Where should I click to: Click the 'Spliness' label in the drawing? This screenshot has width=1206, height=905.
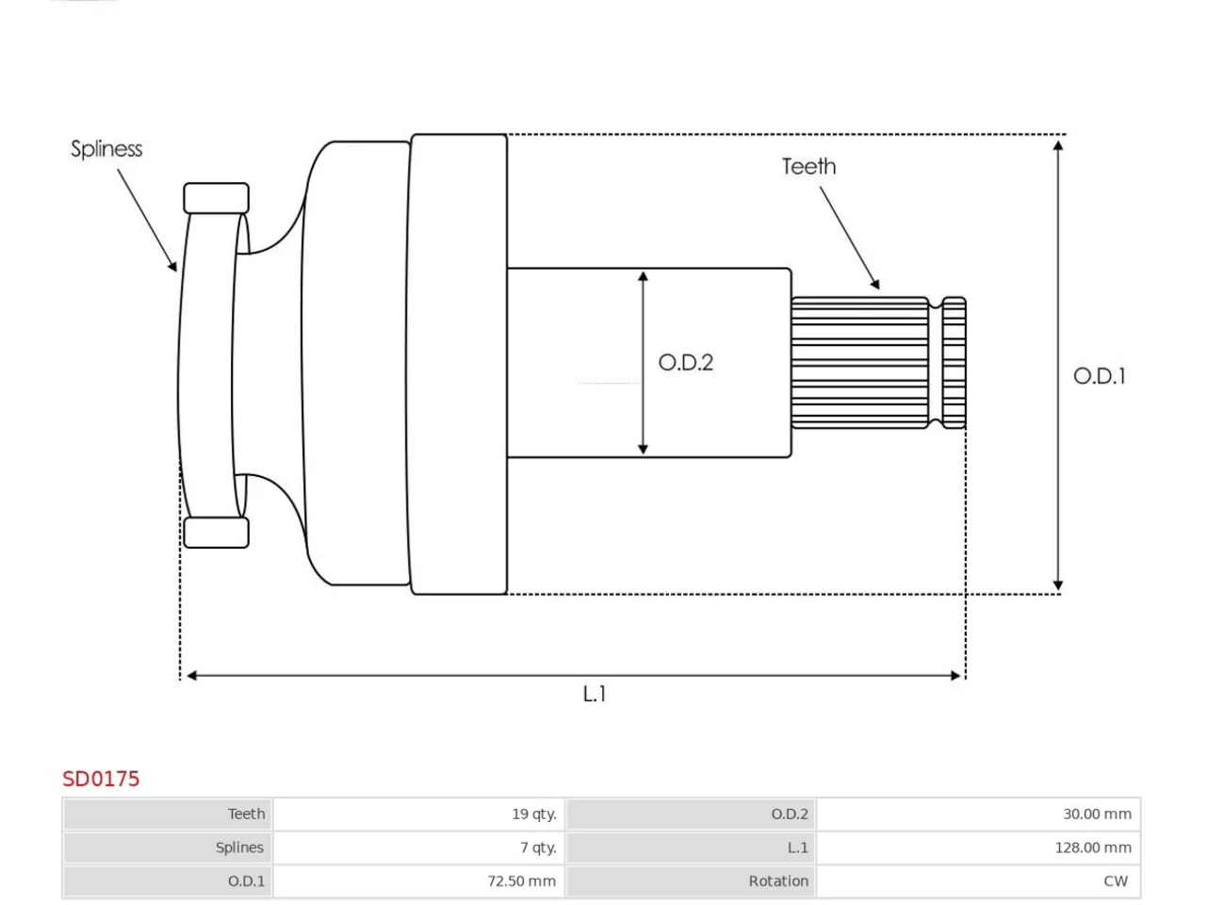point(106,149)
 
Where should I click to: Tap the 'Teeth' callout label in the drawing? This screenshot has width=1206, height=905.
point(808,167)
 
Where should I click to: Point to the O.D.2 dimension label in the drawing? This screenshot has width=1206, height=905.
point(685,363)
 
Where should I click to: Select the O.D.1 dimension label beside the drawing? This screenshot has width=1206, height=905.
point(1099,376)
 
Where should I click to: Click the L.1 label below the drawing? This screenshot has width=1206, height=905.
point(594,694)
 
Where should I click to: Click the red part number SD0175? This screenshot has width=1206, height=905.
point(101,779)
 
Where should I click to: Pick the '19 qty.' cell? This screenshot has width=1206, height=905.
point(534,814)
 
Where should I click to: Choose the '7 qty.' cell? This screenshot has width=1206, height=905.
point(538,847)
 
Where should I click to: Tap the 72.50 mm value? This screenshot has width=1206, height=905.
point(521,880)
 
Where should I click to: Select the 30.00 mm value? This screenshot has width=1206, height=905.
point(1097,814)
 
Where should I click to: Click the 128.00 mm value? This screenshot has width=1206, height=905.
point(1093,847)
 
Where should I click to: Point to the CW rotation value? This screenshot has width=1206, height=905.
point(1116,880)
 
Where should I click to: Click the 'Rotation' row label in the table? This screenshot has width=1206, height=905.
point(778,880)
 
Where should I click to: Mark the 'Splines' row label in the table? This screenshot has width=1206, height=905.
point(239,847)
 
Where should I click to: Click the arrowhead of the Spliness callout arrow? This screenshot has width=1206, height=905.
point(173,267)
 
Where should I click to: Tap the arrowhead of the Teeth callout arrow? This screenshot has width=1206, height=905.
point(875,284)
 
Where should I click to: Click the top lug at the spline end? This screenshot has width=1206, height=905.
point(216,198)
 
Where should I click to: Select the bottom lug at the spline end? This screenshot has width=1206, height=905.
point(216,533)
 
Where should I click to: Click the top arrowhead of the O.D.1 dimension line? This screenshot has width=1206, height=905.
point(1058,145)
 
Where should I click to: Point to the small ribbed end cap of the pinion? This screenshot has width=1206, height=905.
point(954,363)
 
